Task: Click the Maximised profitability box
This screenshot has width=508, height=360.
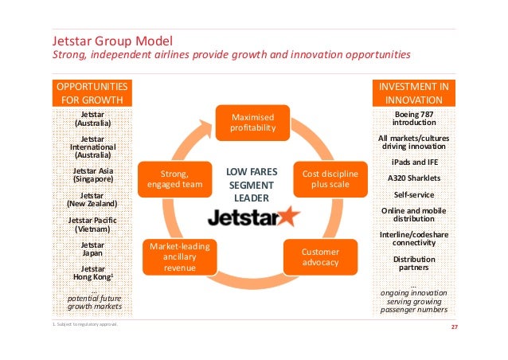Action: [x=253, y=121]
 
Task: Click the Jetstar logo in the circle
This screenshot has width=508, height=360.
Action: [x=253, y=217]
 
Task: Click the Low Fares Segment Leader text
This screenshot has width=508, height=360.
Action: [x=249, y=183]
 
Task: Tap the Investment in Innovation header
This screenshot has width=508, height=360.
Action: [x=413, y=92]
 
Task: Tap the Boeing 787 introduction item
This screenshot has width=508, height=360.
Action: [x=414, y=119]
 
